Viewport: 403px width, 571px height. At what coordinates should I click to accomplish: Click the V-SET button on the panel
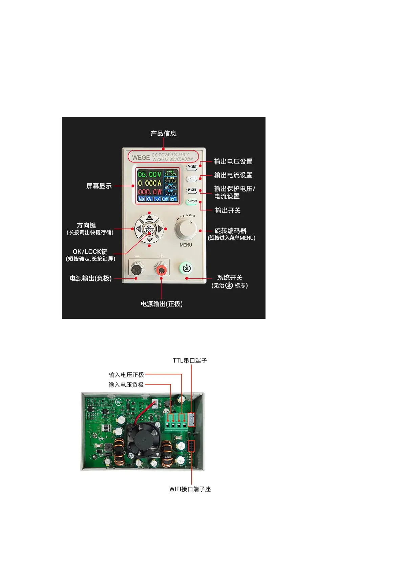tap(192, 167)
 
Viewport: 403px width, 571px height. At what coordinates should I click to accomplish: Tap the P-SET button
tap(192, 190)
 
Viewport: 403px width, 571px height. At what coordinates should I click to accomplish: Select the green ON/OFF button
tap(192, 201)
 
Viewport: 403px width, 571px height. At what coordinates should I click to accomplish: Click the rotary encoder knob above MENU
tap(186, 229)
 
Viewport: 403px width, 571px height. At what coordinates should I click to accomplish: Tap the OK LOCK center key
tap(149, 229)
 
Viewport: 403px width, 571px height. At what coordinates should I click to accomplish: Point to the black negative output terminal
tap(136, 270)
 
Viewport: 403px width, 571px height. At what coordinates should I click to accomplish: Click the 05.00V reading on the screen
tap(149, 175)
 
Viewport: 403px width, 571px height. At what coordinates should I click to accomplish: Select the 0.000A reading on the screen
tap(149, 183)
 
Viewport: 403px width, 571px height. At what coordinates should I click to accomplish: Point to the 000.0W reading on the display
tap(149, 192)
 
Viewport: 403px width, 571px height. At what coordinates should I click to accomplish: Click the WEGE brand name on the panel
tap(141, 158)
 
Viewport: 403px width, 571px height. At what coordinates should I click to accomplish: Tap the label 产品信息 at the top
tap(164, 134)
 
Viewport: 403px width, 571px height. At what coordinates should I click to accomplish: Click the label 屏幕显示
tap(99, 186)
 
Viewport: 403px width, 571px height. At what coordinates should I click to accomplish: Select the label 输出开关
tap(228, 211)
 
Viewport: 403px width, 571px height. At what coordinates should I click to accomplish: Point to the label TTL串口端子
tap(190, 361)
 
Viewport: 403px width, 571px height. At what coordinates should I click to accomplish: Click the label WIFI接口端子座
tap(190, 489)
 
